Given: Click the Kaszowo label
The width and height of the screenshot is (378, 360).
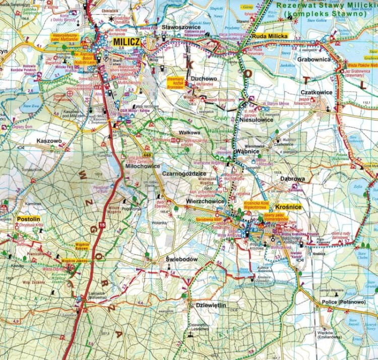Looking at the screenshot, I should point(49,142).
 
